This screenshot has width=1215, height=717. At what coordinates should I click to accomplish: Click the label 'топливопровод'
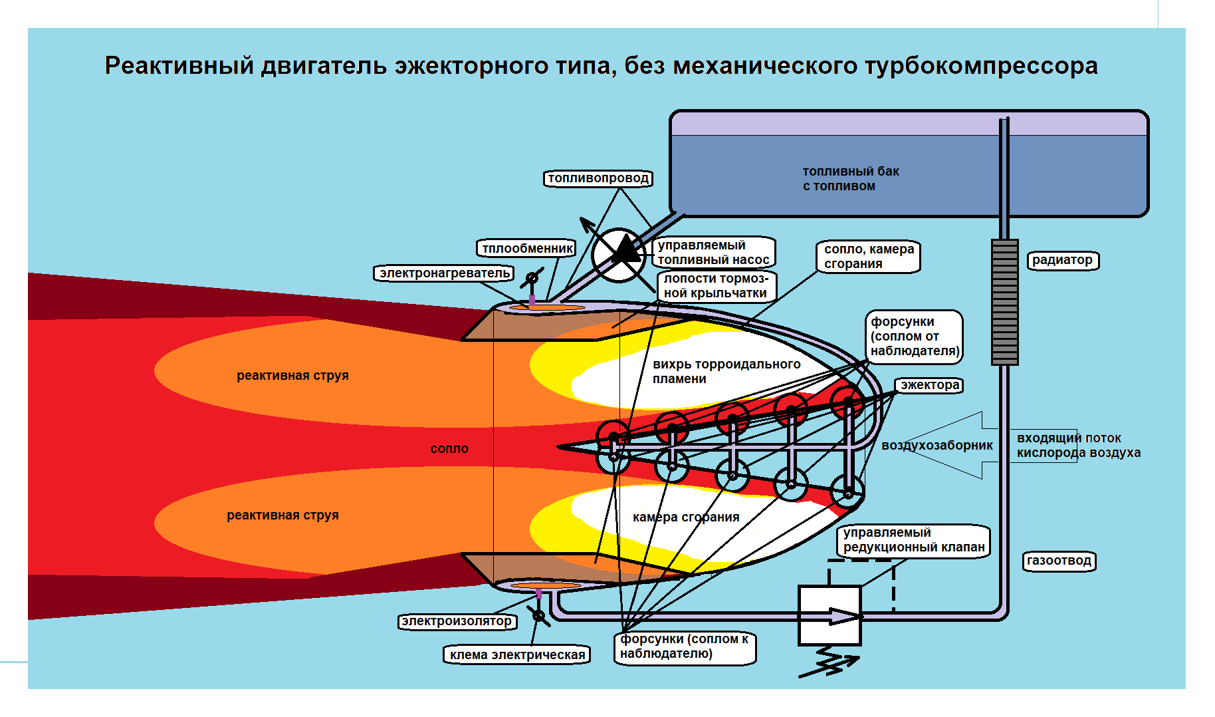[x=598, y=178]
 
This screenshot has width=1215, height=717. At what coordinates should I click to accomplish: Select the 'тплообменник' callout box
[x=527, y=249]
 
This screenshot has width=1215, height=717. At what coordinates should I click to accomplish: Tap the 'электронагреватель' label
[x=444, y=273]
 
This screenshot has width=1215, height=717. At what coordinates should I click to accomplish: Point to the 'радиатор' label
[x=1062, y=260]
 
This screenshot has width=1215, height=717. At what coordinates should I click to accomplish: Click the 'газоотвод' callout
[x=1059, y=561]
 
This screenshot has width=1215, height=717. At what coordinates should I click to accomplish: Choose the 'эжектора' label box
[x=930, y=385]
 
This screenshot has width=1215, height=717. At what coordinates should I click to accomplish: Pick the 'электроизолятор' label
[x=457, y=621]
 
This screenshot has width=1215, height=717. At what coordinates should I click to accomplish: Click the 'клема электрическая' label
[x=517, y=654]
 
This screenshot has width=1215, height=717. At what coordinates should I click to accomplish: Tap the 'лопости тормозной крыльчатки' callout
[x=716, y=286]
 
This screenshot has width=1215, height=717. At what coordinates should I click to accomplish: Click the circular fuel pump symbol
[x=619, y=255]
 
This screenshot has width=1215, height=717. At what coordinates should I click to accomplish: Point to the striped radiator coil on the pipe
[x=1004, y=302]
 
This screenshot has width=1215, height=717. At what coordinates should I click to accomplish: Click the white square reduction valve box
[x=829, y=615]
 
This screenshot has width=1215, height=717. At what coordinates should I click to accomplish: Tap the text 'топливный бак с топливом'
[x=850, y=179]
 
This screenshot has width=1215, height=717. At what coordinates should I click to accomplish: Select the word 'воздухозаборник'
[x=937, y=446]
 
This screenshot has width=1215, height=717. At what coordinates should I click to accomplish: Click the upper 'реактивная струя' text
[x=292, y=376]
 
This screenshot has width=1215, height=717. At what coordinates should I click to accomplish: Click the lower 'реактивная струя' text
[x=282, y=515]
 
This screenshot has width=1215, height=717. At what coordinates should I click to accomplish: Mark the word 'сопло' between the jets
[x=449, y=449]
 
